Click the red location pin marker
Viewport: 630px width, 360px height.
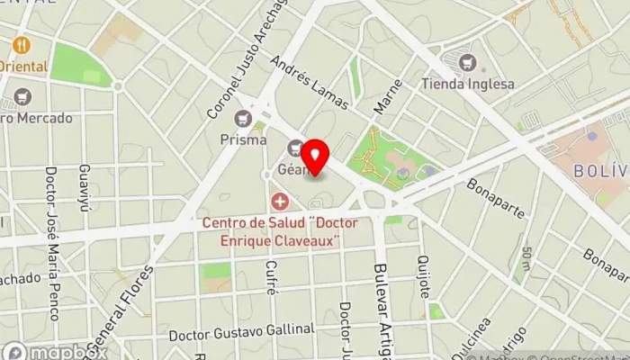pyautogui.click(x=314, y=154)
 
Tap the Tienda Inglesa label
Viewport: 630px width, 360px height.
pyautogui.click(x=468, y=85)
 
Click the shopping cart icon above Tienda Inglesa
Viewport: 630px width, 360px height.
pyautogui.click(x=467, y=63)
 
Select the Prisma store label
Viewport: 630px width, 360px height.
pyautogui.click(x=243, y=139)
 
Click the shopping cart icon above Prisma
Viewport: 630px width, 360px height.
pyautogui.click(x=243, y=118)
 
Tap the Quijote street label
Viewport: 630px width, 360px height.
pyautogui.click(x=424, y=275)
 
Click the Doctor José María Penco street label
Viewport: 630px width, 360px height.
pyautogui.click(x=51, y=243)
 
